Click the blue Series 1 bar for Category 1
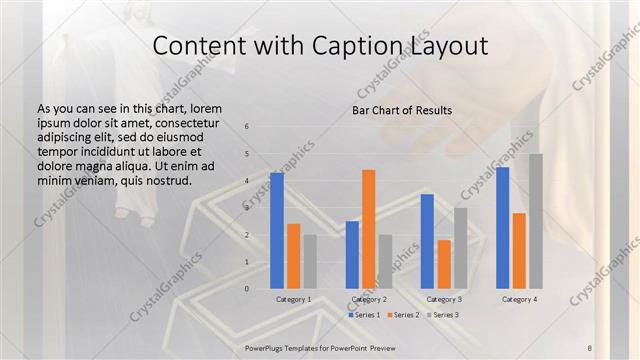pos(277,231)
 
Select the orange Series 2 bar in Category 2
pos(368,229)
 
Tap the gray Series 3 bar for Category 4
pos(536,221)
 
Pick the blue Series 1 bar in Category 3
pos(427,241)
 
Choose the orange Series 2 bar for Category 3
pos(444,264)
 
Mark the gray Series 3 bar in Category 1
pos(310,262)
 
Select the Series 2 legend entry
pos(403,315)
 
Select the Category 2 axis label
pos(369,299)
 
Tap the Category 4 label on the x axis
pos(519,299)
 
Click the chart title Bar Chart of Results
pos(402,110)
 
